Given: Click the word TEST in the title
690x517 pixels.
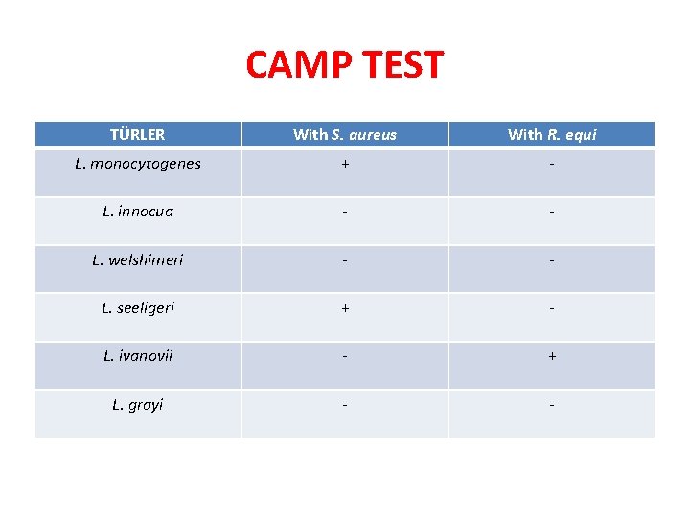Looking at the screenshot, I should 403,65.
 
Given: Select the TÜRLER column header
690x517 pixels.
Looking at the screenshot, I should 137,135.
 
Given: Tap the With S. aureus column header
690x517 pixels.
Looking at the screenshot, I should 344,135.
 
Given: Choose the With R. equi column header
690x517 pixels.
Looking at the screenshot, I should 551,135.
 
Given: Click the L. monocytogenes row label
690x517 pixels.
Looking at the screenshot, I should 137,164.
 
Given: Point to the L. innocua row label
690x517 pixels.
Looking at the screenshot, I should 137,212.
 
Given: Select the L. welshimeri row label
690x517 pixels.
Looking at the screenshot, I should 137,259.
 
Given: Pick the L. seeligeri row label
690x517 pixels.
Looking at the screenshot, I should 137,308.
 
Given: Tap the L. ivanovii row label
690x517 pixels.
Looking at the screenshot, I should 137,356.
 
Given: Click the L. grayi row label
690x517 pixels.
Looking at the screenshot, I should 137,404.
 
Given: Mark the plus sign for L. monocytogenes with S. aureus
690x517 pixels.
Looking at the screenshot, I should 344,164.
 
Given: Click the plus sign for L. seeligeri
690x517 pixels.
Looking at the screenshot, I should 344,308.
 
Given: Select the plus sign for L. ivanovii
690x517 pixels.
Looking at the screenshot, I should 551,356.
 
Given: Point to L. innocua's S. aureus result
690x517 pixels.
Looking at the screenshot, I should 344,212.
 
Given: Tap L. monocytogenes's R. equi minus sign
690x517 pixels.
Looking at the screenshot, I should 551,164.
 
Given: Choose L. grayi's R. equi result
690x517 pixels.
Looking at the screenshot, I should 551,404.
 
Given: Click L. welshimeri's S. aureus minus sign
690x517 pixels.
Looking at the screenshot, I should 344,259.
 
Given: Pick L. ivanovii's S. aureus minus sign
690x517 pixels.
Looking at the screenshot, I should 344,356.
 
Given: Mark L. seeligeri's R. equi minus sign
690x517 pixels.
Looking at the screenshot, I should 551,308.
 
